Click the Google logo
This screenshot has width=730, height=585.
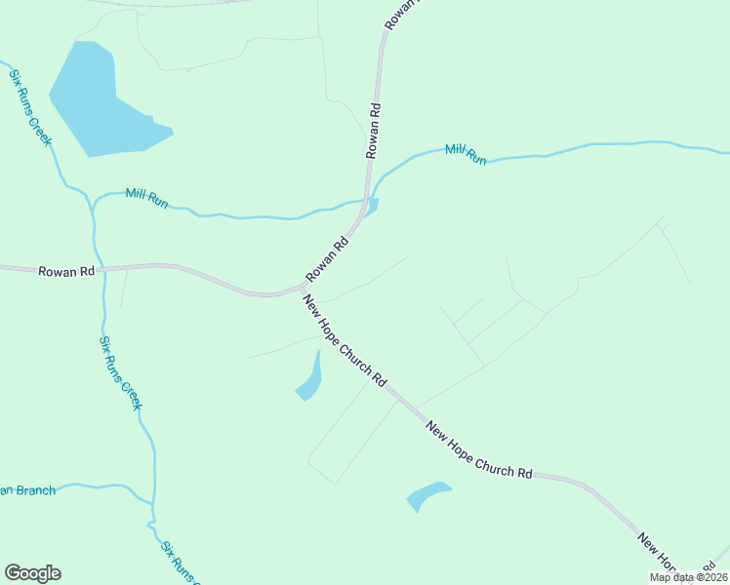[x=32, y=573]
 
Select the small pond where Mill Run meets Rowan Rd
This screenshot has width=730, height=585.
[x=372, y=205]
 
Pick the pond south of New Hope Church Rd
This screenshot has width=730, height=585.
[x=427, y=495]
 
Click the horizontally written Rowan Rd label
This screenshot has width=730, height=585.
[x=65, y=271]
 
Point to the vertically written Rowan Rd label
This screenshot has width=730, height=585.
[x=373, y=131]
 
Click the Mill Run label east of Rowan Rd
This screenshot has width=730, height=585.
[x=466, y=153]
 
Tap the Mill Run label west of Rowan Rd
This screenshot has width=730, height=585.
[x=147, y=197]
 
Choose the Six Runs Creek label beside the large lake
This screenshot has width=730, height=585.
[x=31, y=107]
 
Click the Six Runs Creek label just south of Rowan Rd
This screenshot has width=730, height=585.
[x=120, y=372]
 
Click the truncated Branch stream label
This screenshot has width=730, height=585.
[x=27, y=489]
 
